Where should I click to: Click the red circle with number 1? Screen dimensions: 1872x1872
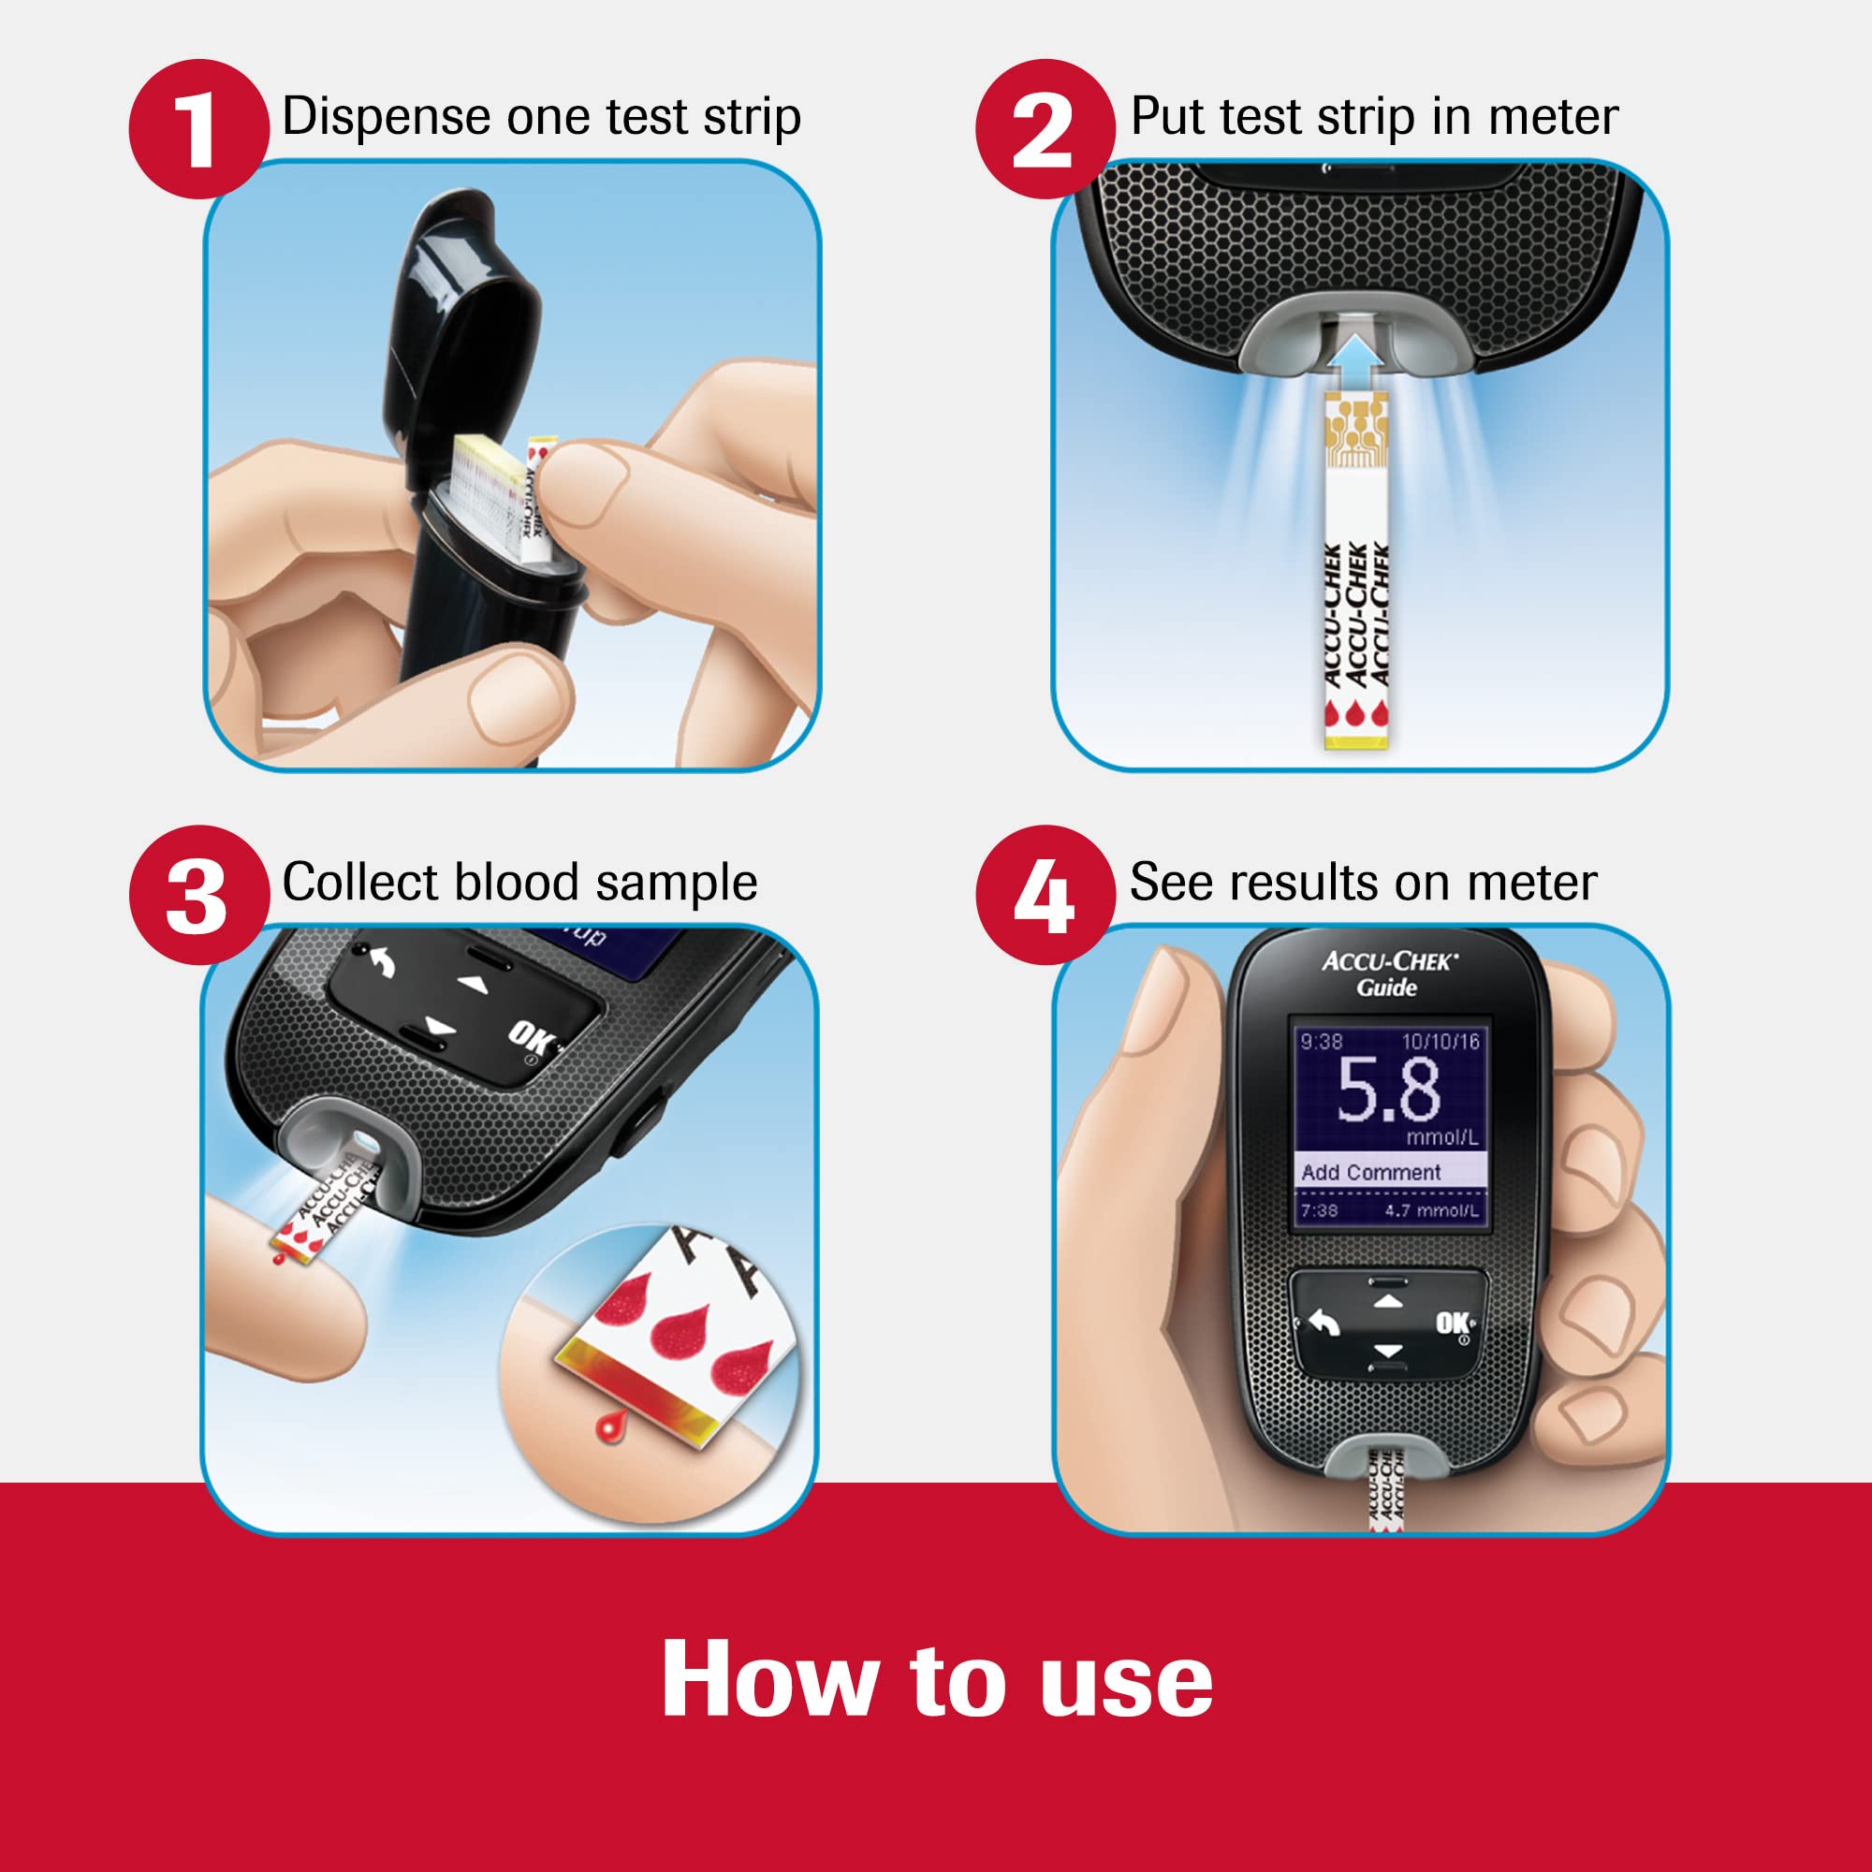[x=198, y=129]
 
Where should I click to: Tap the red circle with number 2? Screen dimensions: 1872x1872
[x=1045, y=129]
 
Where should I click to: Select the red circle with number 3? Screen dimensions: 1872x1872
[x=198, y=894]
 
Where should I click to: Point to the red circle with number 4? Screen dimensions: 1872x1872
[x=1045, y=894]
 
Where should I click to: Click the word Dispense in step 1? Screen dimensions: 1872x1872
[x=386, y=116]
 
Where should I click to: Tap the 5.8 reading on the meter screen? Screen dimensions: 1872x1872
[x=1388, y=1090]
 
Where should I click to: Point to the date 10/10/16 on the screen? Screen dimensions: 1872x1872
[x=1441, y=1042]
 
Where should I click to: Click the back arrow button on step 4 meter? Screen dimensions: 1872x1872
[x=1324, y=1323]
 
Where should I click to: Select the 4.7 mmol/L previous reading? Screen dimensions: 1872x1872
[x=1431, y=1211]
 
